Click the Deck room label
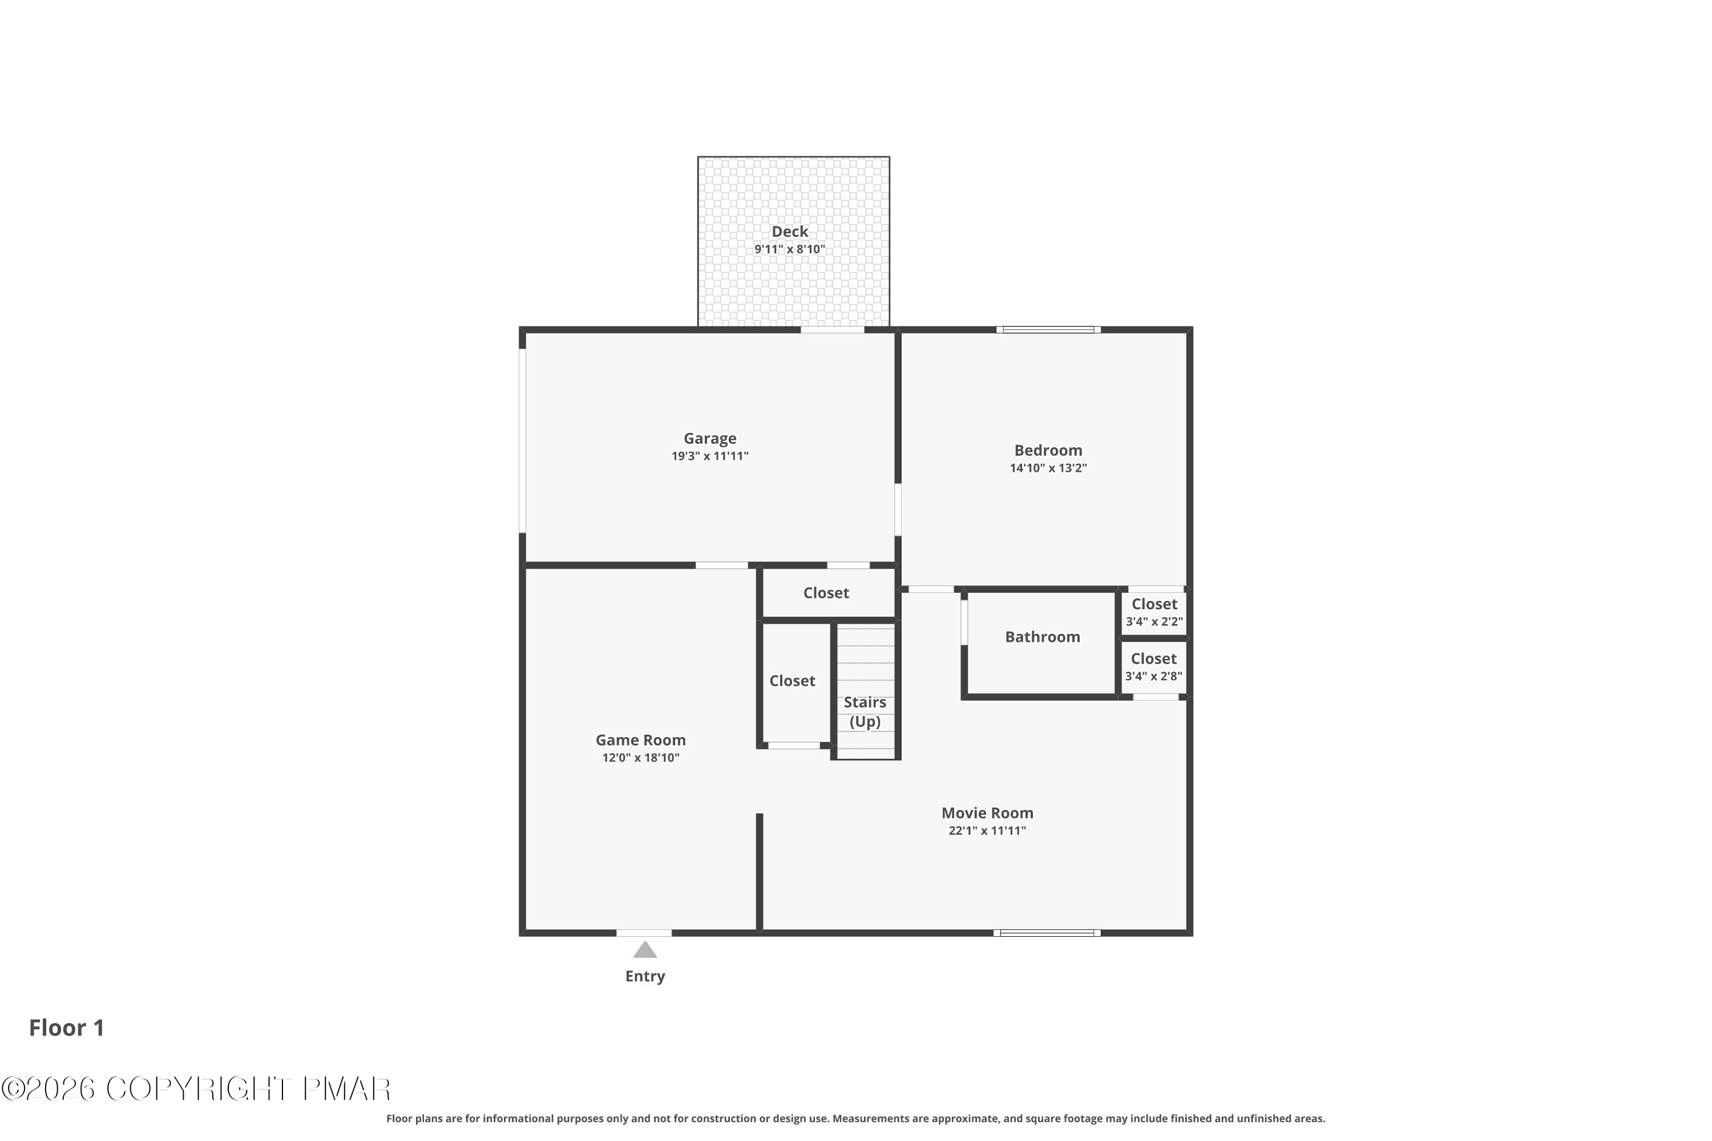pos(790,232)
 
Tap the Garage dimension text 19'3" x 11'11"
pos(710,456)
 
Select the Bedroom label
pos(1048,451)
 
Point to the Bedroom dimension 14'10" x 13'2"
pos(1048,468)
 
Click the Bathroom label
pos(1043,637)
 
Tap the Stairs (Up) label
pos(865,711)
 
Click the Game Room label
pos(640,740)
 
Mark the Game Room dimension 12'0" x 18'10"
pos(640,758)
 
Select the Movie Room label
pos(987,813)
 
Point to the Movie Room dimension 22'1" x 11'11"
pos(987,830)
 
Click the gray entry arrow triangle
pos(645,950)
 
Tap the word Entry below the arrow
pos(645,977)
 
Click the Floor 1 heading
pos(66,1027)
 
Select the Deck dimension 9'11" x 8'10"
pos(790,249)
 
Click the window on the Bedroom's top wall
pos(1048,330)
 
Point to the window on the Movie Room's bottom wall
pos(1047,933)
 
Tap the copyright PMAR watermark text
pos(196,1089)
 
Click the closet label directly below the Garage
pos(826,593)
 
